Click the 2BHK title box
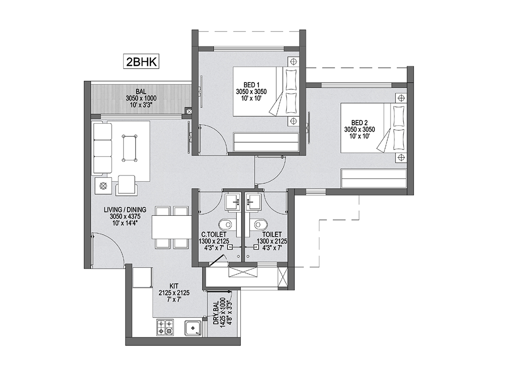141,62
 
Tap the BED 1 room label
251,85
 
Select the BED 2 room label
360,123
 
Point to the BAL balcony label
141,91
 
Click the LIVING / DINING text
125,210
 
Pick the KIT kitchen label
174,286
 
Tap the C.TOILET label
214,234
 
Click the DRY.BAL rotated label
216,313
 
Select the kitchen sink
193,328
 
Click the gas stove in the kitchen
165,328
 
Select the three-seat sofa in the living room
102,148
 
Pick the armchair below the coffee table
127,185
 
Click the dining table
172,227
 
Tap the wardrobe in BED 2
374,179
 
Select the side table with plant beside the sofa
103,186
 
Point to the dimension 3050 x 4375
125,216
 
